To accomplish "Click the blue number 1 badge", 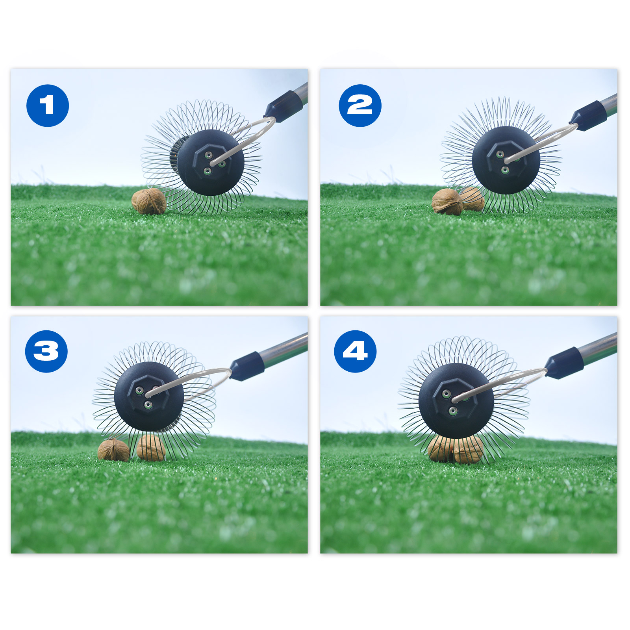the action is tap(48, 106).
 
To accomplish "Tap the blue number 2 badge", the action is tap(360, 106).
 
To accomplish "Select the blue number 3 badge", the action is tap(46, 351).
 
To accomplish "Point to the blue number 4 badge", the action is tap(355, 351).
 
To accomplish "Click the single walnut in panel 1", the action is tap(149, 201).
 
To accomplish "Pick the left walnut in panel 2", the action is tap(447, 202).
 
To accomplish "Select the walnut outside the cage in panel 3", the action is tap(113, 450).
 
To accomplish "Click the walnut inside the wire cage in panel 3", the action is tap(151, 447).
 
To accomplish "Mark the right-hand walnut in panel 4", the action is tap(469, 450).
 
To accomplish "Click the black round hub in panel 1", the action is tap(211, 163).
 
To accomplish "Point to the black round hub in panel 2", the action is tap(506, 160).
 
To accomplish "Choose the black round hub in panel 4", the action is tap(456, 400).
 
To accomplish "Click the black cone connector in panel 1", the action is tap(283, 106).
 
